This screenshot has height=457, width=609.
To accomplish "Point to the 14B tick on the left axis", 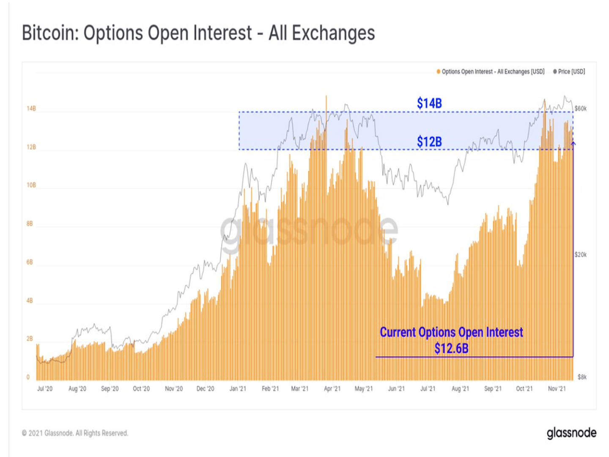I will (x=31, y=109).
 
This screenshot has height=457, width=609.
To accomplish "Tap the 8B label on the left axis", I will (x=30, y=223).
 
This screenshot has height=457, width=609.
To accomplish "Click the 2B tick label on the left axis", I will (x=30, y=339).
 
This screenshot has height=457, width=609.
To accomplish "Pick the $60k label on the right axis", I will (x=580, y=109).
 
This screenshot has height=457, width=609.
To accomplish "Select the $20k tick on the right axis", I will (x=580, y=255).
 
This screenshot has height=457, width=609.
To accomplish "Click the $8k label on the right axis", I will (x=582, y=377).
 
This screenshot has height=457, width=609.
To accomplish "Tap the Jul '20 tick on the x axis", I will (x=45, y=388).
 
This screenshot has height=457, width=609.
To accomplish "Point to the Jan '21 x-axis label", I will (x=238, y=388).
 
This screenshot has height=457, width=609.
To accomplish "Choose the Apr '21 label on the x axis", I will (x=332, y=388).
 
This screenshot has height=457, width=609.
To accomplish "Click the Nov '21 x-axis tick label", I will (x=557, y=388).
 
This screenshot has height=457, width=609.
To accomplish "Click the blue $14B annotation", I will (x=429, y=103).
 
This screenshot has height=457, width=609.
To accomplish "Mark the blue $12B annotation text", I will (x=429, y=141).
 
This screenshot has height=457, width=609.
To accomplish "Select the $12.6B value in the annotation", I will (x=451, y=348).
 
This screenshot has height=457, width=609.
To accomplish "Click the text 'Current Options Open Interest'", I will (x=451, y=332).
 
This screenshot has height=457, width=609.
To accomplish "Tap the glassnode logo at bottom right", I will (x=571, y=433).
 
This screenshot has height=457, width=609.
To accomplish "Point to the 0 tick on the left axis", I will (x=28, y=377).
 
